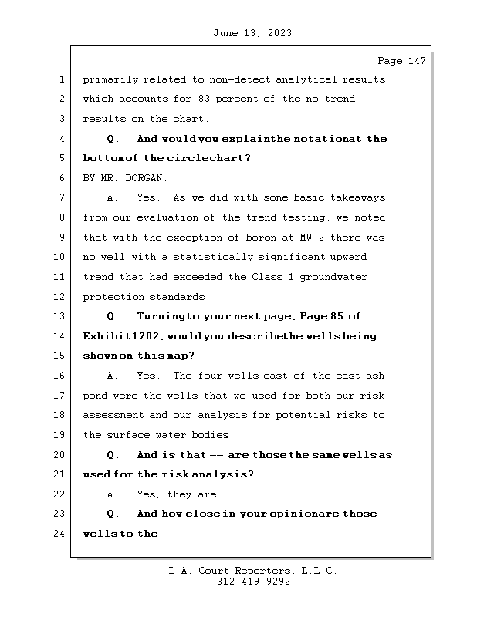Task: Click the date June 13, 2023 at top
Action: pos(251,33)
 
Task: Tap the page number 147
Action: pos(417,61)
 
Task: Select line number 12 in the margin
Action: pos(61,297)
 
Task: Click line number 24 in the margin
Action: pos(61,534)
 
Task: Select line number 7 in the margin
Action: pos(61,198)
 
